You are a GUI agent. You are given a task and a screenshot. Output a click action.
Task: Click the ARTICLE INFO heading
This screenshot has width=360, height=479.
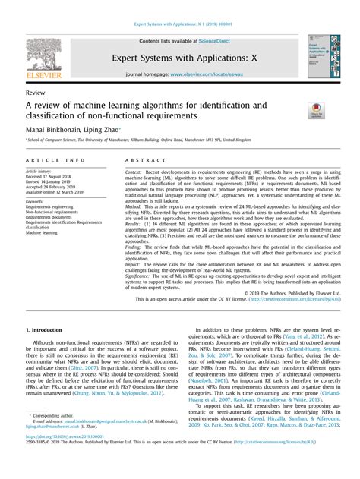pyautogui.click(x=55, y=161)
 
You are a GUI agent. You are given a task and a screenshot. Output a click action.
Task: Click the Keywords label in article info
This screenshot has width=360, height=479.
pyautogui.click(x=38, y=200)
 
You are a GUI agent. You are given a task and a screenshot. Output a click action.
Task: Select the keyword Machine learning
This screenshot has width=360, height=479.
pyautogui.click(x=46, y=232)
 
